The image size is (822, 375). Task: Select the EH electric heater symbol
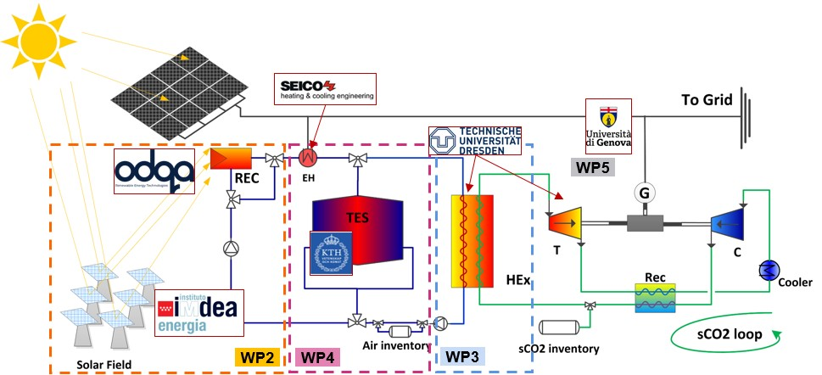point(309,158)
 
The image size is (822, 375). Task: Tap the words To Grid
point(707,100)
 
